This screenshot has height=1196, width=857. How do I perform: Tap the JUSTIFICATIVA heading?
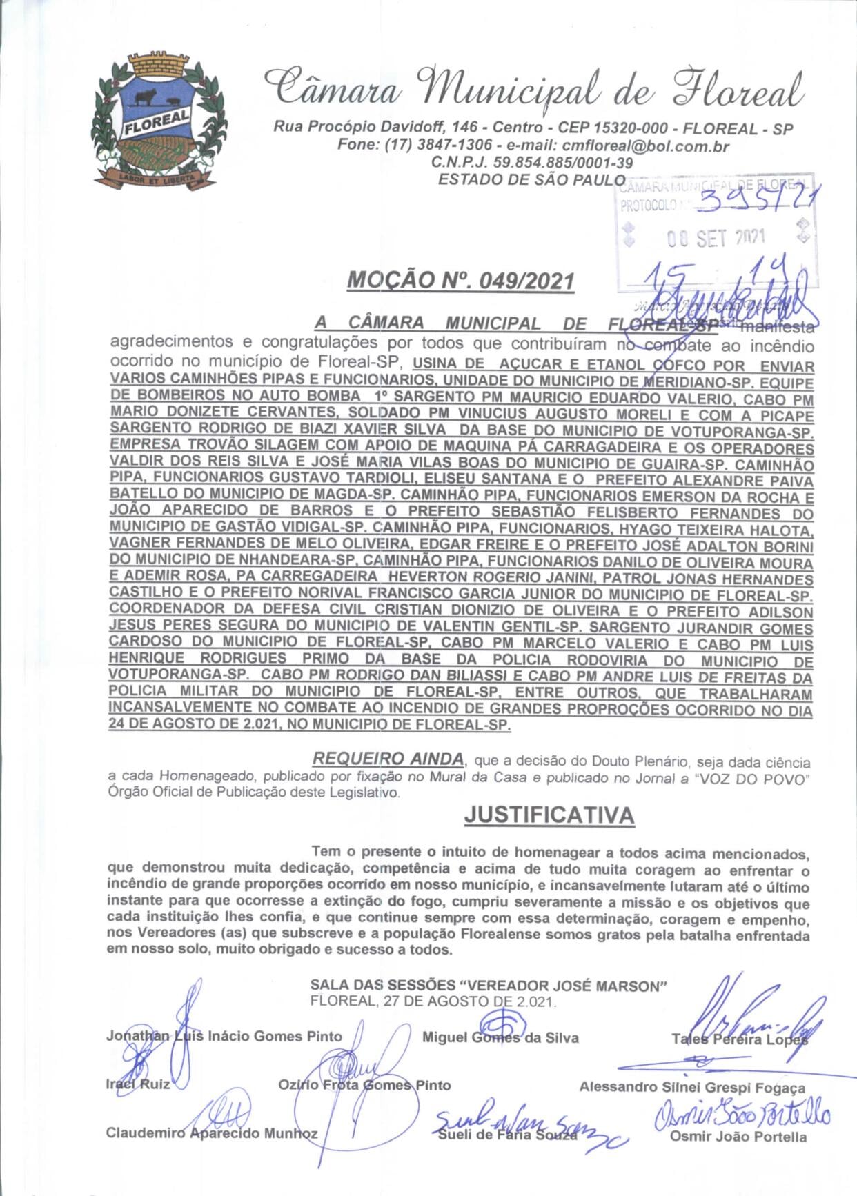point(549,815)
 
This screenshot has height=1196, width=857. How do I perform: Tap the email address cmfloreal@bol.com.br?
point(646,146)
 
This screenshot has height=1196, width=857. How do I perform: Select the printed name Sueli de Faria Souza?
point(507,1135)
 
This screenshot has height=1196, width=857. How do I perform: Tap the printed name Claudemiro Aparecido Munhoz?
point(212,1133)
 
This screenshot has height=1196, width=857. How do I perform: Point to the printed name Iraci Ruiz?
point(138,1084)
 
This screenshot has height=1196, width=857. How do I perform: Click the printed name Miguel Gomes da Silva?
point(500,1037)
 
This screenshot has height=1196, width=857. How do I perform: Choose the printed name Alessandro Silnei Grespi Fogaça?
point(692,1088)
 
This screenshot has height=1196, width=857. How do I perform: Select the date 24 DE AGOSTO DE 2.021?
point(194,725)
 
